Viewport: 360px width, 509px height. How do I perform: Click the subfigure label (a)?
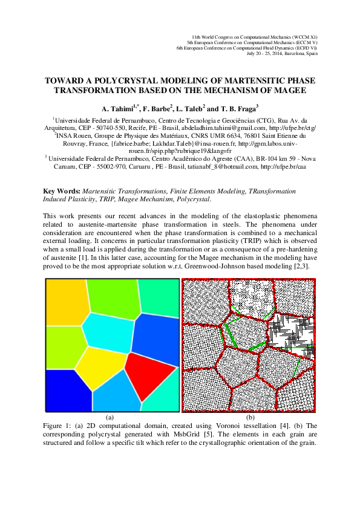110,417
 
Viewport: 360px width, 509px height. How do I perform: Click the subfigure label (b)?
250,417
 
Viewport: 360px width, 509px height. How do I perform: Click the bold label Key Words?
62,190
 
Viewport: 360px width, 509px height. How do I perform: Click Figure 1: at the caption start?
57,426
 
